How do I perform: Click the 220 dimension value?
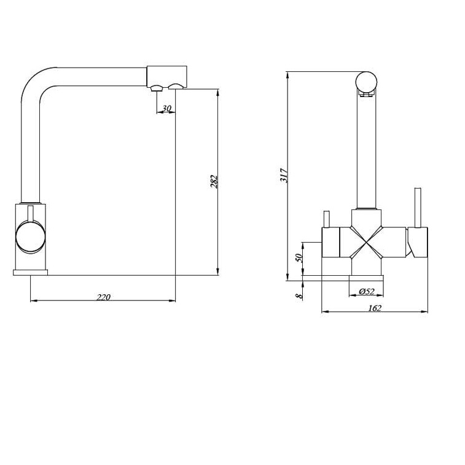(103, 297)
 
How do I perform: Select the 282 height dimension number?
(214, 182)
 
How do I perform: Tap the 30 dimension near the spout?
(167, 109)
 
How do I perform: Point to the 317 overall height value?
(284, 175)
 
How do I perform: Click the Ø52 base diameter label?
(367, 292)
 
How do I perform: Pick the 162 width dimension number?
(375, 308)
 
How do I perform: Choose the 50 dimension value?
(299, 257)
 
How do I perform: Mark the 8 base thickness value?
(299, 295)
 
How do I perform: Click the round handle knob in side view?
(31, 238)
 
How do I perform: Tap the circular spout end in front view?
(366, 82)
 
